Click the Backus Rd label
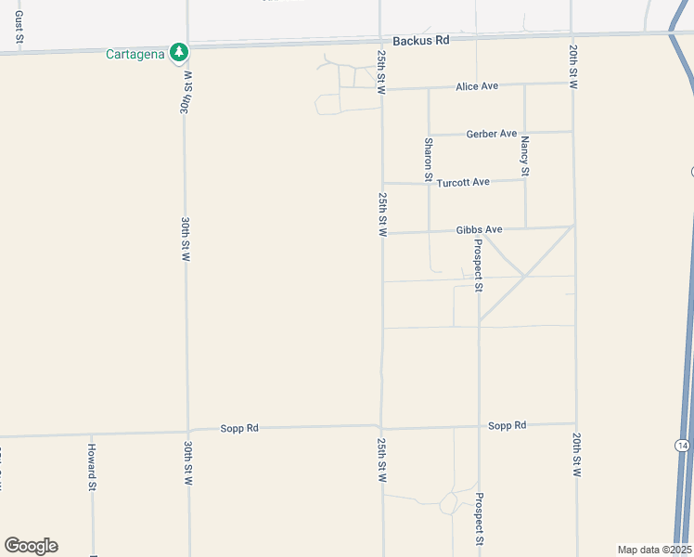click(420, 40)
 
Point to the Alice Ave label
click(477, 86)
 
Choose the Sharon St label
click(429, 159)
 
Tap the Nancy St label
click(525, 156)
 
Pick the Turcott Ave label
click(468, 182)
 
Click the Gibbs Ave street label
click(479, 229)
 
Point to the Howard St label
click(92, 466)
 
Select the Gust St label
click(19, 28)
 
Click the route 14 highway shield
click(683, 446)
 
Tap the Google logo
click(31, 546)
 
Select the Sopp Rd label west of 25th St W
click(239, 428)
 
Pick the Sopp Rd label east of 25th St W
click(508, 425)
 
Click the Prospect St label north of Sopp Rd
click(479, 265)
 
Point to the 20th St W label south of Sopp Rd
click(577, 455)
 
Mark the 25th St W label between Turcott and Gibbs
click(382, 214)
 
